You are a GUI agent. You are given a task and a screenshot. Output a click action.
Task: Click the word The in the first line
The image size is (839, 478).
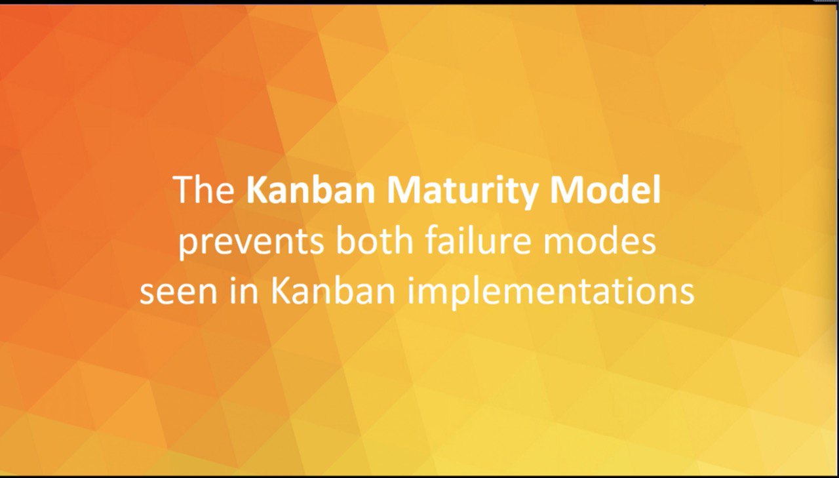[204, 190]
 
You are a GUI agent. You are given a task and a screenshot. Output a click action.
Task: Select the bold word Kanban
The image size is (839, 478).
[311, 190]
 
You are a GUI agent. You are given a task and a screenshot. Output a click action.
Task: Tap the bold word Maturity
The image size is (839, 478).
[462, 192]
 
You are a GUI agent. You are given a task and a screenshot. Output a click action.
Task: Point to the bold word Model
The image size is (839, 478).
[604, 189]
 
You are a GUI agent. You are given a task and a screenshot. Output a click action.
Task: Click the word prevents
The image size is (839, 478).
[251, 243]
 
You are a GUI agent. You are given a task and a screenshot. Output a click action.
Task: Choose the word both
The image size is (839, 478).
[374, 241]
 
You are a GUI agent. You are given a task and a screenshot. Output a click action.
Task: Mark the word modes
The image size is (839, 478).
[599, 241]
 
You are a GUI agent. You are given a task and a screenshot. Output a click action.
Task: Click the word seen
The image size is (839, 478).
[178, 293]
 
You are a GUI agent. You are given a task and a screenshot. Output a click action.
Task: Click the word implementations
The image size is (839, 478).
[551, 293]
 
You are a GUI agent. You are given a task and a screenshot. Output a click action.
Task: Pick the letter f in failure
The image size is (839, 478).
[432, 241]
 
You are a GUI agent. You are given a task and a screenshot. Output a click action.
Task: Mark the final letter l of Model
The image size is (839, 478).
[656, 189]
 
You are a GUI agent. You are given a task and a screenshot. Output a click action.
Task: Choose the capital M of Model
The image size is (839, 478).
[564, 190]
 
